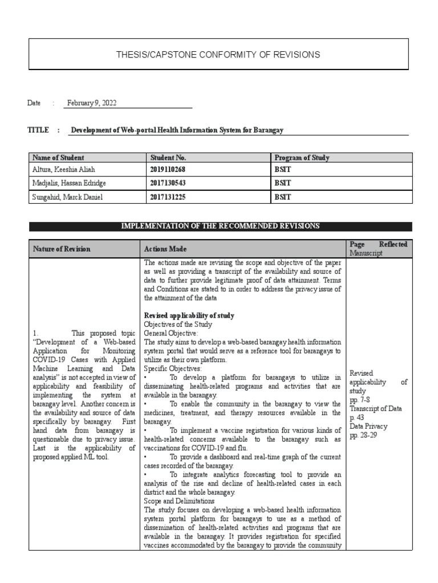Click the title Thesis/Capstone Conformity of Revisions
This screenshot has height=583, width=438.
pos(218,55)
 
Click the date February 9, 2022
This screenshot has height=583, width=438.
pos(91,103)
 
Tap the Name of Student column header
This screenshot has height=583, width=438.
pos(59,158)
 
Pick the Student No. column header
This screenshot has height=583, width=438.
pos(168,158)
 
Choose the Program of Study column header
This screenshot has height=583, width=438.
pos(302,158)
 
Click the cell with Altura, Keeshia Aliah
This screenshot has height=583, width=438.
pos(66,170)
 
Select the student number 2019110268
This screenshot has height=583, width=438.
pos(168,170)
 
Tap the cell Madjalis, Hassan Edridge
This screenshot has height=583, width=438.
pos(70,183)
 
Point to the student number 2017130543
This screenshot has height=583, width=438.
pos(168,183)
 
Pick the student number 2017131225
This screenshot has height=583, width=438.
pos(168,197)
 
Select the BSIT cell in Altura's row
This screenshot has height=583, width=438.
pos(283,170)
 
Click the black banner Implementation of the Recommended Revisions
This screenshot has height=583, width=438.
pos(221,227)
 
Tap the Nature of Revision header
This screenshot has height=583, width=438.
pos(62,249)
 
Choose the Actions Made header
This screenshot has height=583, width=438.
pos(165,249)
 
